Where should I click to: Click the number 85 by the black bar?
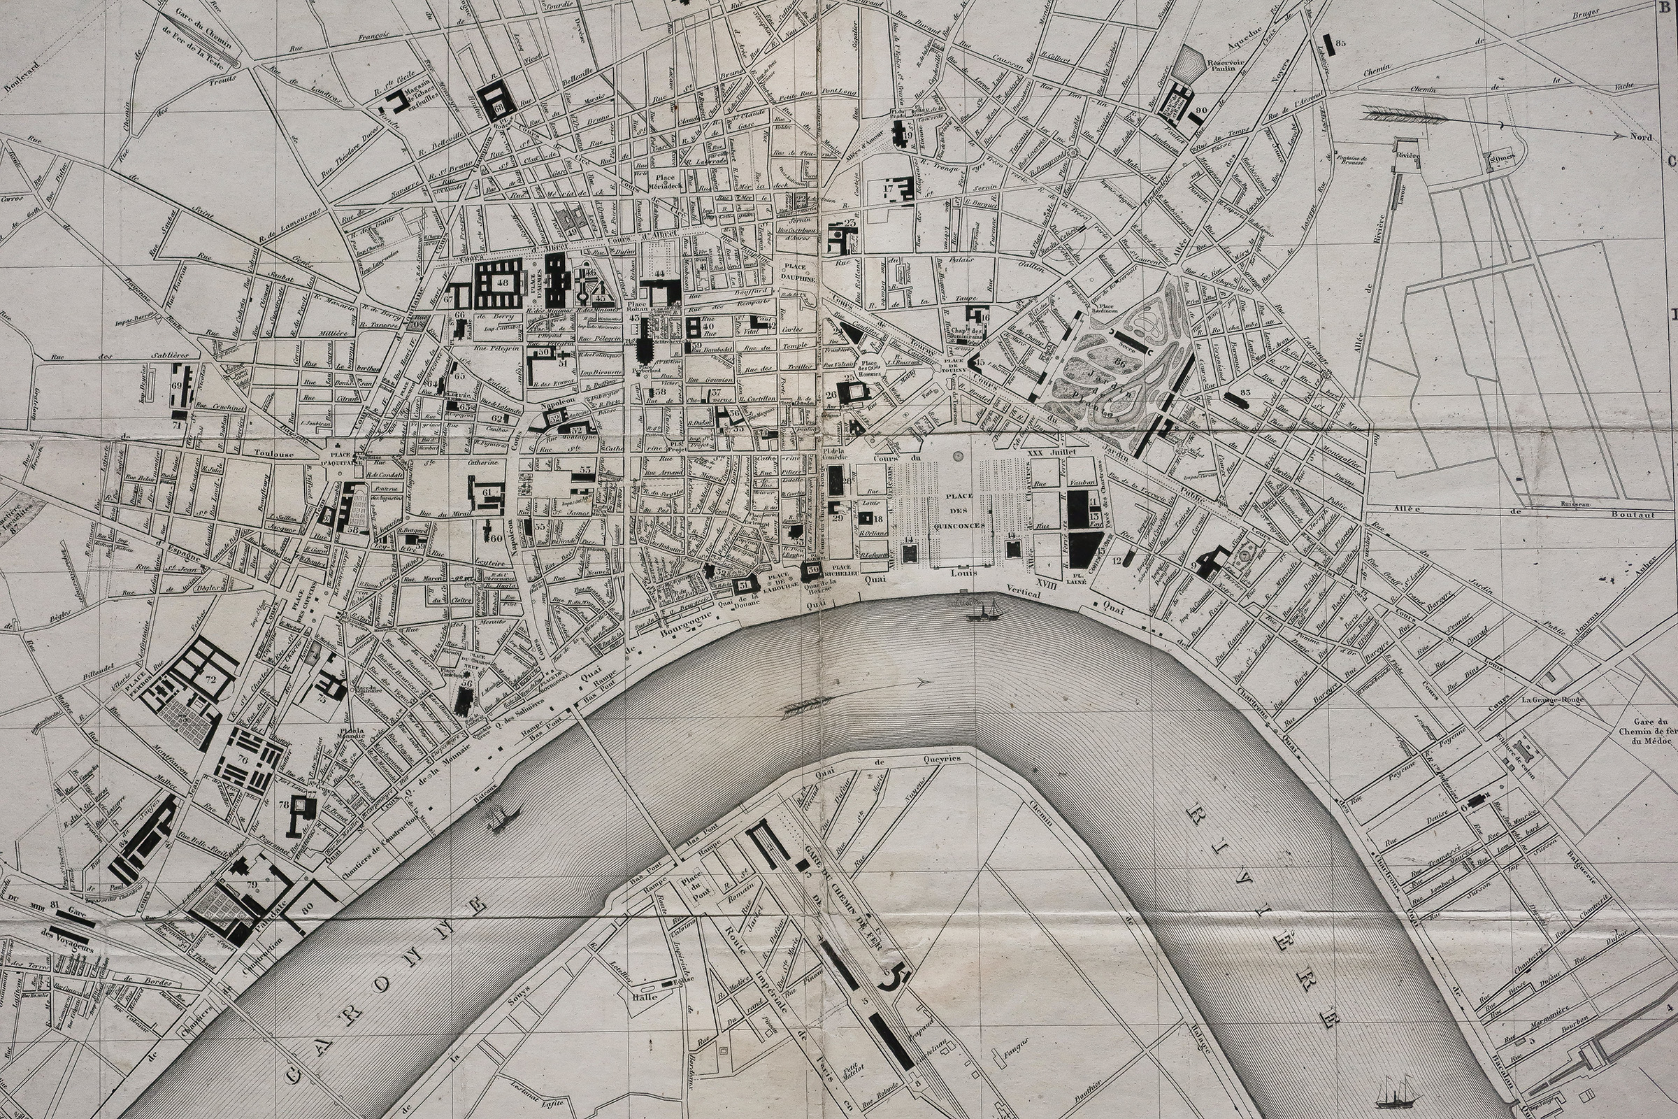1340,43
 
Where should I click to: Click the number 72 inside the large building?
210,679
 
